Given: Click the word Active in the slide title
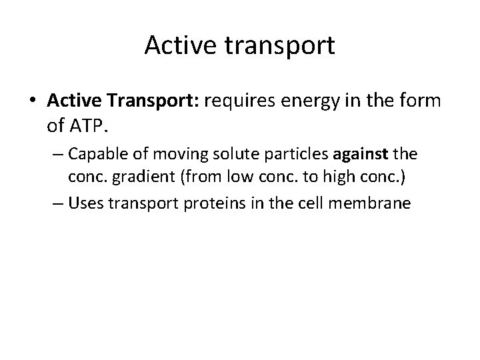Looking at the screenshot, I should (x=174, y=46).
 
